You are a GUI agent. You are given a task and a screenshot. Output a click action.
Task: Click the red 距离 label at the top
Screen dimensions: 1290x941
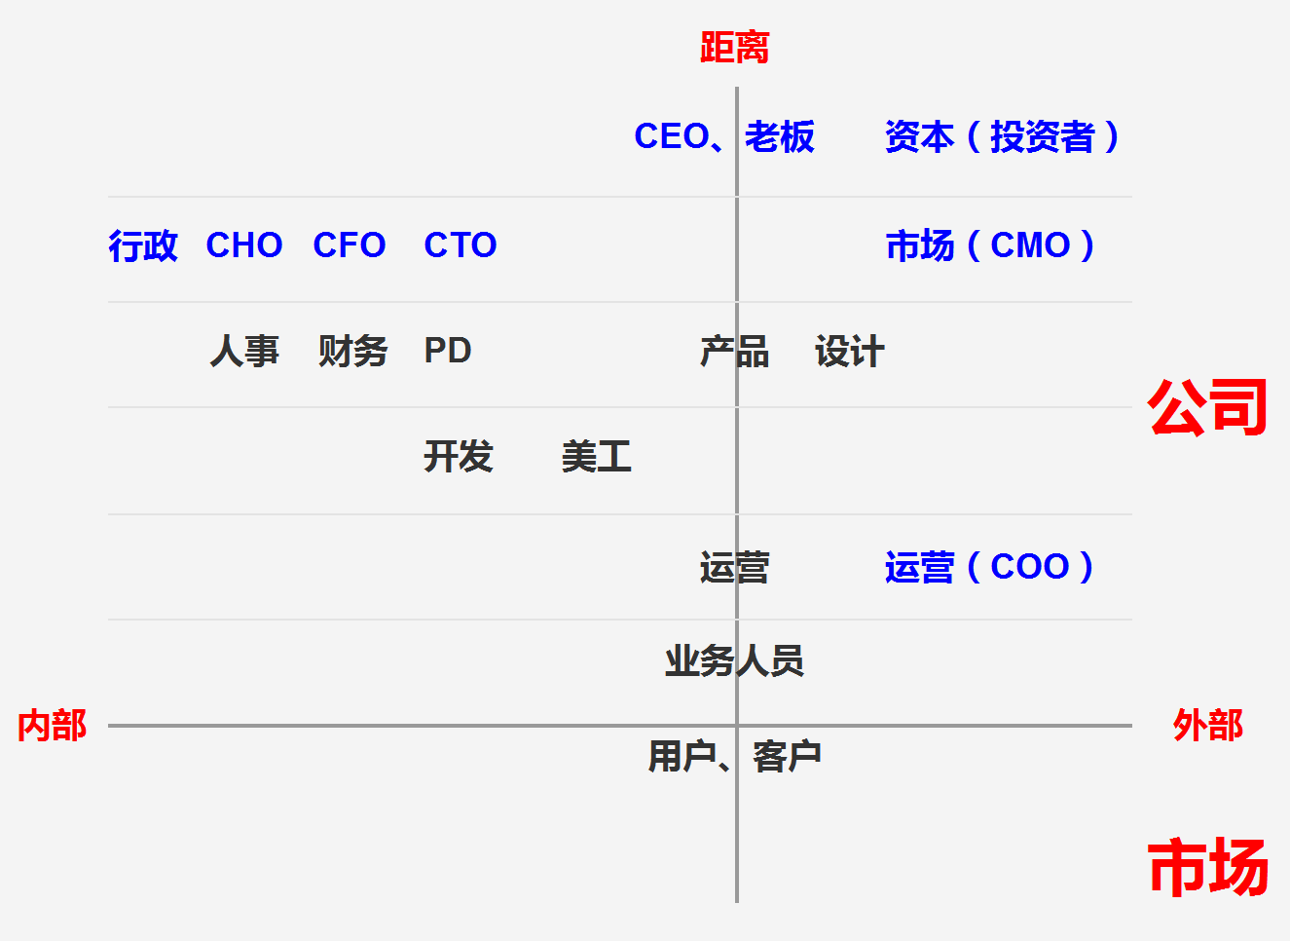(734, 48)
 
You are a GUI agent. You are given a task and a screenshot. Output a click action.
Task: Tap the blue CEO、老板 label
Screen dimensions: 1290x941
(724, 136)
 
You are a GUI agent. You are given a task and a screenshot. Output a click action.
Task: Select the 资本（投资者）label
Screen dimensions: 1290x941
(1002, 136)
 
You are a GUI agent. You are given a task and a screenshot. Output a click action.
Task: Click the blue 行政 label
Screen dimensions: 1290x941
(143, 245)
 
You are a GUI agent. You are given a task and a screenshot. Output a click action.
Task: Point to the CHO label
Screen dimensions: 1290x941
(244, 245)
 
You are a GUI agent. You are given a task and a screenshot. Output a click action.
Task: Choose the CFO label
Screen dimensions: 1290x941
(349, 245)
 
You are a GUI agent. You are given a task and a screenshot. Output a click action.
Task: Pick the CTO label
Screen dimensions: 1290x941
(461, 245)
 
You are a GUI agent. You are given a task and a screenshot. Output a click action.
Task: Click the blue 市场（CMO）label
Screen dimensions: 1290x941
(990, 245)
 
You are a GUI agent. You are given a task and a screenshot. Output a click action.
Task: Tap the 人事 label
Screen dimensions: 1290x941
(244, 351)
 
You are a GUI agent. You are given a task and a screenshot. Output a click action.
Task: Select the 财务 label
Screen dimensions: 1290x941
(353, 351)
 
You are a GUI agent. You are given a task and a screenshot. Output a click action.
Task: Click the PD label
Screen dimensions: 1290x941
(448, 351)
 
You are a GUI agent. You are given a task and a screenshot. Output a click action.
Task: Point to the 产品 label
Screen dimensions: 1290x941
(734, 351)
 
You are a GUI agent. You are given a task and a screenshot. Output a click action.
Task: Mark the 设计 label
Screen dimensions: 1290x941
(850, 351)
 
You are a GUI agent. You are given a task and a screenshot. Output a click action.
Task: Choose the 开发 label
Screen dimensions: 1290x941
(459, 457)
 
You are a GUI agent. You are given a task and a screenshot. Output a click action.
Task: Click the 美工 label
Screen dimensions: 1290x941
(597, 457)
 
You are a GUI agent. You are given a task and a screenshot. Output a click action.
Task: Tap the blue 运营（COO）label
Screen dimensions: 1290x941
(989, 567)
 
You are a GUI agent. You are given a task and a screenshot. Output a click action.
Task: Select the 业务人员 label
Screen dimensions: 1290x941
(734, 661)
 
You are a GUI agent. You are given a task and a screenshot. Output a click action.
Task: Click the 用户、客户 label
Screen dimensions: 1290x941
(735, 757)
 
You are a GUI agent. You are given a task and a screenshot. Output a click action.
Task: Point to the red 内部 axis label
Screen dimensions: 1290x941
(52, 726)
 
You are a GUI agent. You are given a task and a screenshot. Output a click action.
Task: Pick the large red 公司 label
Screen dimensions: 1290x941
(1207, 407)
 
